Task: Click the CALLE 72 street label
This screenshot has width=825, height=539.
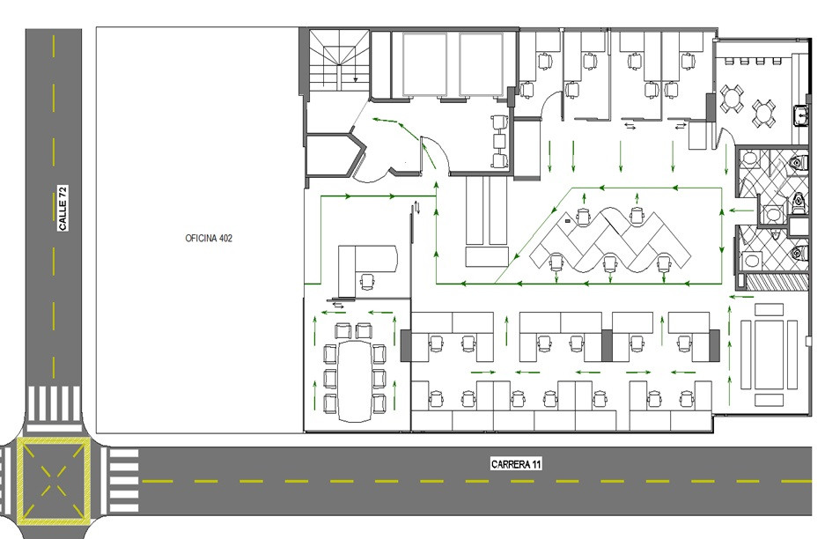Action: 63,208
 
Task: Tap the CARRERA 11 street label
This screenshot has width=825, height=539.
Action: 516,464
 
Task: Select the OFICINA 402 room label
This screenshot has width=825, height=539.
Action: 209,238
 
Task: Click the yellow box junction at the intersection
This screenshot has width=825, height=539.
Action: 53,481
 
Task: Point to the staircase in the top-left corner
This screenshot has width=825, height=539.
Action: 339,61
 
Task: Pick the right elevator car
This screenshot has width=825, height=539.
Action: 481,64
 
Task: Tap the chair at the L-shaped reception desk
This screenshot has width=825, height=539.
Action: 367,282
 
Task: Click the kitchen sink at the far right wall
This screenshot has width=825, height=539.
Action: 801,114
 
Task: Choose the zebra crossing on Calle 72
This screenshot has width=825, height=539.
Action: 54,403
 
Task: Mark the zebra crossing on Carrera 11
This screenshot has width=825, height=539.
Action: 123,481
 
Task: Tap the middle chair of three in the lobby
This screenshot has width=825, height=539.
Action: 499,141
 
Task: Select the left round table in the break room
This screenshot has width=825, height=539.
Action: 732,98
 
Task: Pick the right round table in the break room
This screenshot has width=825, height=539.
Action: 763,113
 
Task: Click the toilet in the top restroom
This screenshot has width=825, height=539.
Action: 799,163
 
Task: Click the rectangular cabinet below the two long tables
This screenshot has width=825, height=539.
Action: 487,257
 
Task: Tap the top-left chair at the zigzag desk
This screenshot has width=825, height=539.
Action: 583,217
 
